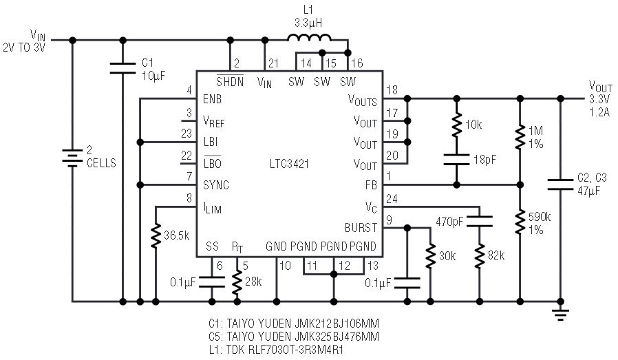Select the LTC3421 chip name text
pyautogui.click(x=289, y=164)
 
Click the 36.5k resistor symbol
pyautogui.click(x=156, y=236)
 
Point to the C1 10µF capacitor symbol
pyautogui.click(x=122, y=68)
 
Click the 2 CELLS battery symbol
pyautogui.click(x=72, y=158)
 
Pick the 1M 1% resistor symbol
pyautogui.click(x=520, y=137)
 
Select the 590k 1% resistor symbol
pyautogui.click(x=520, y=222)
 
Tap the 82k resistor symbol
pyautogui.click(x=479, y=256)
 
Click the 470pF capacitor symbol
pyautogui.click(x=479, y=221)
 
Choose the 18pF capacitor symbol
pyautogui.click(x=456, y=159)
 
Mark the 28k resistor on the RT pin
pyautogui.click(x=237, y=282)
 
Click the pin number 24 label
pyautogui.click(x=392, y=199)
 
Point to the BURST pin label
pyautogui.click(x=361, y=228)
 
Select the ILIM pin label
pyautogui.click(x=212, y=208)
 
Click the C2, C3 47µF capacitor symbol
pyautogui.click(x=560, y=184)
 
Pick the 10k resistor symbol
pyautogui.click(x=456, y=125)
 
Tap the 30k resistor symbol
pyautogui.click(x=430, y=256)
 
